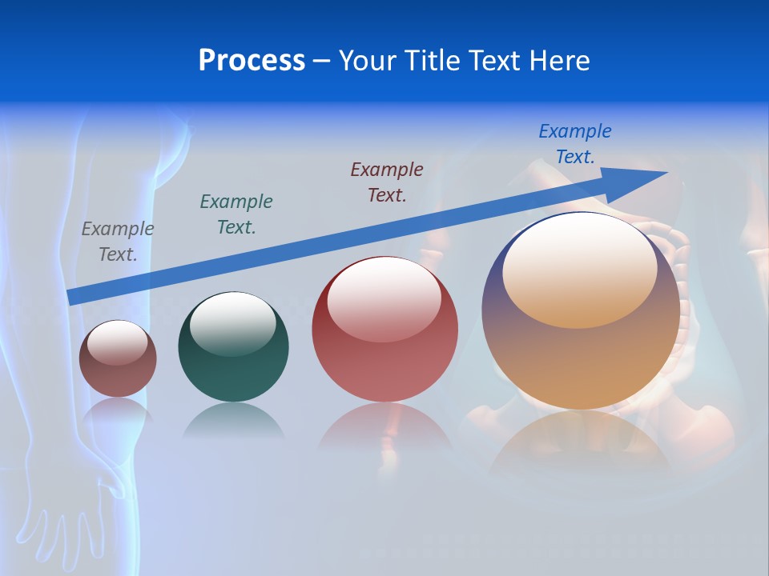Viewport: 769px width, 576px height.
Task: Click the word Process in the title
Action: pyautogui.click(x=252, y=61)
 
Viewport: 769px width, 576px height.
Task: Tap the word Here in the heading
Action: pyautogui.click(x=558, y=61)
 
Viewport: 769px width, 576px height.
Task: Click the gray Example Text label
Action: pyautogui.click(x=117, y=241)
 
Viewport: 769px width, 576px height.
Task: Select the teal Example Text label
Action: pyautogui.click(x=236, y=214)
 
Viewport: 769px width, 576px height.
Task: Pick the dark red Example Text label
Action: pyautogui.click(x=386, y=182)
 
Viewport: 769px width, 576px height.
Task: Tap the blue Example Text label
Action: pyautogui.click(x=574, y=143)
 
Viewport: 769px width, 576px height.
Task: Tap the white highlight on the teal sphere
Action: pyautogui.click(x=233, y=322)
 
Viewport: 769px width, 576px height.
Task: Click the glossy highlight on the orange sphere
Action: pyautogui.click(x=579, y=270)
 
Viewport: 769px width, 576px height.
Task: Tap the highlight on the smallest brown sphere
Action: pyautogui.click(x=117, y=342)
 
